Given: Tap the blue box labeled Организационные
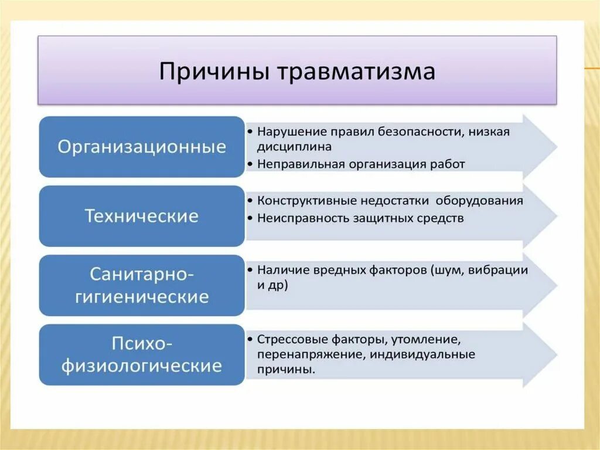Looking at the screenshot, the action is tap(142, 147).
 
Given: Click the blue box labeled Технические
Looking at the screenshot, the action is tap(142, 216).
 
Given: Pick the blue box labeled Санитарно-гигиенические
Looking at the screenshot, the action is tap(142, 285).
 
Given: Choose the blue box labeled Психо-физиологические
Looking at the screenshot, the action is tap(142, 355).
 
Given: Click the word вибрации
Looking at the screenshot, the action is tap(505, 270).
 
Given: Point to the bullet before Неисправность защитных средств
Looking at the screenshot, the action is tap(250, 218).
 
